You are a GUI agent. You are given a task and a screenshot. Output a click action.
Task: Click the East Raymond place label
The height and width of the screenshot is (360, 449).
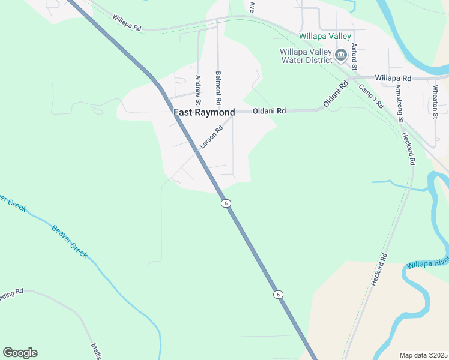tap(204, 112)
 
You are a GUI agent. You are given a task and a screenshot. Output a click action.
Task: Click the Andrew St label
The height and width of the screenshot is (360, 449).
tap(197, 88)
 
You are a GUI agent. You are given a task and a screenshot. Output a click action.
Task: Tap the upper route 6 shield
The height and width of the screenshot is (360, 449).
tap(225, 203)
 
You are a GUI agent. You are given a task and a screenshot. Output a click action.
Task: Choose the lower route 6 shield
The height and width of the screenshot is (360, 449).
tap(278, 294)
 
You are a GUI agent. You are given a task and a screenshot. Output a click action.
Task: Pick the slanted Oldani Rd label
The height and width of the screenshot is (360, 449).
tap(336, 94)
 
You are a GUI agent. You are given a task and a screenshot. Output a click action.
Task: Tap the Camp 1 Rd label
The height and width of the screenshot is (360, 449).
tap(371, 95)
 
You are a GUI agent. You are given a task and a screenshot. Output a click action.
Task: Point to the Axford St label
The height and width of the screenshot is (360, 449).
tap(354, 56)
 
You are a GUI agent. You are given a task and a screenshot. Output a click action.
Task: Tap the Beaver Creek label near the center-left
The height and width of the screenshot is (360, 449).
tap(70, 241)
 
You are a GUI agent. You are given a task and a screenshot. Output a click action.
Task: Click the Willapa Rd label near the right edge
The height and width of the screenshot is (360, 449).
tap(393, 78)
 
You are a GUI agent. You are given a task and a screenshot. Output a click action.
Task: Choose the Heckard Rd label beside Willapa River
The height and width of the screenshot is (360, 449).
tap(379, 268)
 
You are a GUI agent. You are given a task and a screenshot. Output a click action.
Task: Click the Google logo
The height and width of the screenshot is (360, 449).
tap(20, 353)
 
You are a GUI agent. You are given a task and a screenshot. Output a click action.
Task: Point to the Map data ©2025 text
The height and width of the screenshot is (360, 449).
tap(423, 355)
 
